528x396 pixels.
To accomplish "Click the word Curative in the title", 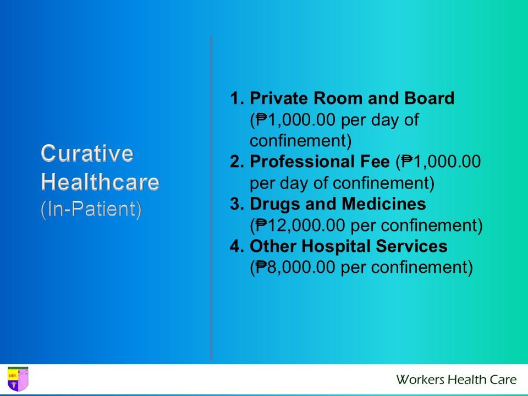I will pyautogui.click(x=87, y=153).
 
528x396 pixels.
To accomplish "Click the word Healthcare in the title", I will pyautogui.click(x=100, y=182).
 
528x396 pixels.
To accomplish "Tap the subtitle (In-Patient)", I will pyautogui.click(x=91, y=210).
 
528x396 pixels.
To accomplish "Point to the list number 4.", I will pyautogui.click(x=237, y=246).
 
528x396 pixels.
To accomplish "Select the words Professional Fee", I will pyautogui.click(x=319, y=162).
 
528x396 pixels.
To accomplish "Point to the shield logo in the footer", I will pyautogui.click(x=18, y=379).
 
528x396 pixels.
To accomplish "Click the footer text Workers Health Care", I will pyautogui.click(x=456, y=380).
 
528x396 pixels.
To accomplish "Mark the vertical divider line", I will pyautogui.click(x=211, y=198).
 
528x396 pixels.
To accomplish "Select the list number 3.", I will pyautogui.click(x=237, y=204).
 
